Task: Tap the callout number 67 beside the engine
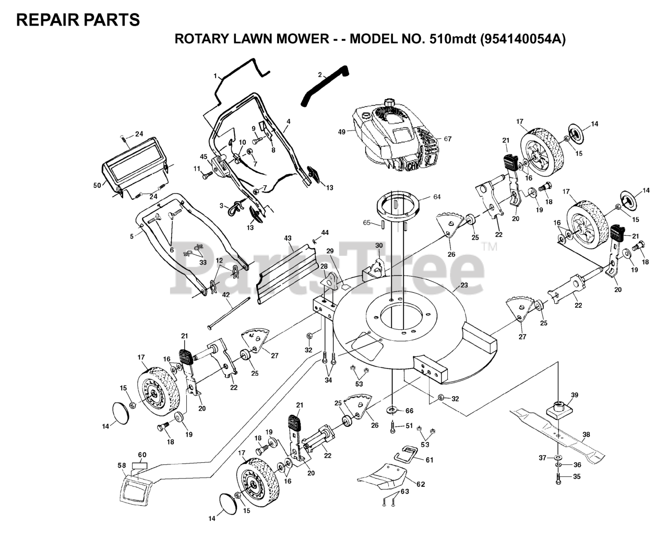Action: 447,139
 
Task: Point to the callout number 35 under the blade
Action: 576,476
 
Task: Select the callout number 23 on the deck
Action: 463,285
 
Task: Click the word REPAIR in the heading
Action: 44,20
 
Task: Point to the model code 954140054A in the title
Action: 522,39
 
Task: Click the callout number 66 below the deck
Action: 409,411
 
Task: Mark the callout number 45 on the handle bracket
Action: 204,156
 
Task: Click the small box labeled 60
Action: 139,464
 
